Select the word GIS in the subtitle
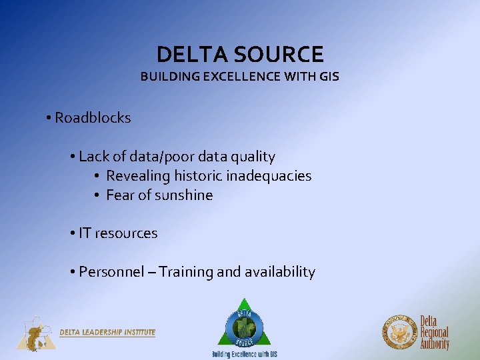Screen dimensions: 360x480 329,76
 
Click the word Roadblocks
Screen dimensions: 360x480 93,118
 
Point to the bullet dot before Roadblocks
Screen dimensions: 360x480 49,119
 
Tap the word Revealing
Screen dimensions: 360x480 138,176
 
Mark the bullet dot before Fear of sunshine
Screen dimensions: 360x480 97,196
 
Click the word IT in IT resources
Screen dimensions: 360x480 85,233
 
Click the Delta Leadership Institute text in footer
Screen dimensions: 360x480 107,332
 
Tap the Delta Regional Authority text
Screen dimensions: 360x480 434,332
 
